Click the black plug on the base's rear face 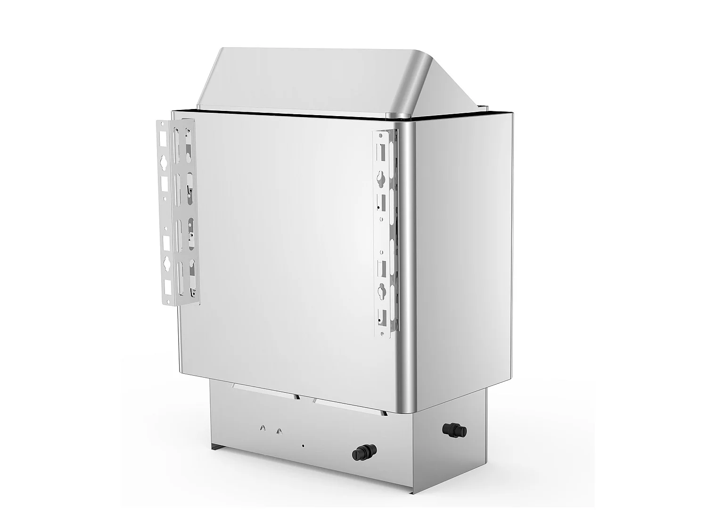pyautogui.click(x=362, y=454)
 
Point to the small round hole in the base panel pyautogui.click(x=303, y=445)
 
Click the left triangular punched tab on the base pyautogui.click(x=263, y=428)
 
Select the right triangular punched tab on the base pyautogui.click(x=280, y=430)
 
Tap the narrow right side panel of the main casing pyautogui.click(x=464, y=255)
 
